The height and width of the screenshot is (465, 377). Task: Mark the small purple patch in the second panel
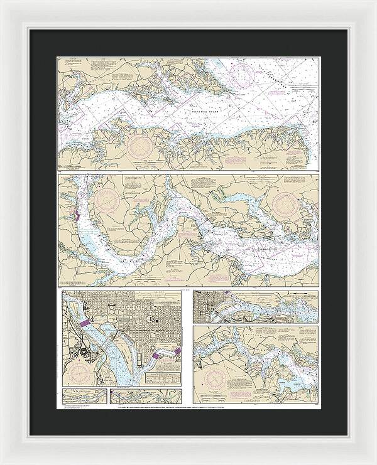(76, 216)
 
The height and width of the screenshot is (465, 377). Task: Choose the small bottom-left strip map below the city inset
(84, 397)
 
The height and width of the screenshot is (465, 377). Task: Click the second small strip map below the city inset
(144, 397)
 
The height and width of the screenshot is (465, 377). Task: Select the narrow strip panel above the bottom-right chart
(255, 306)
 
